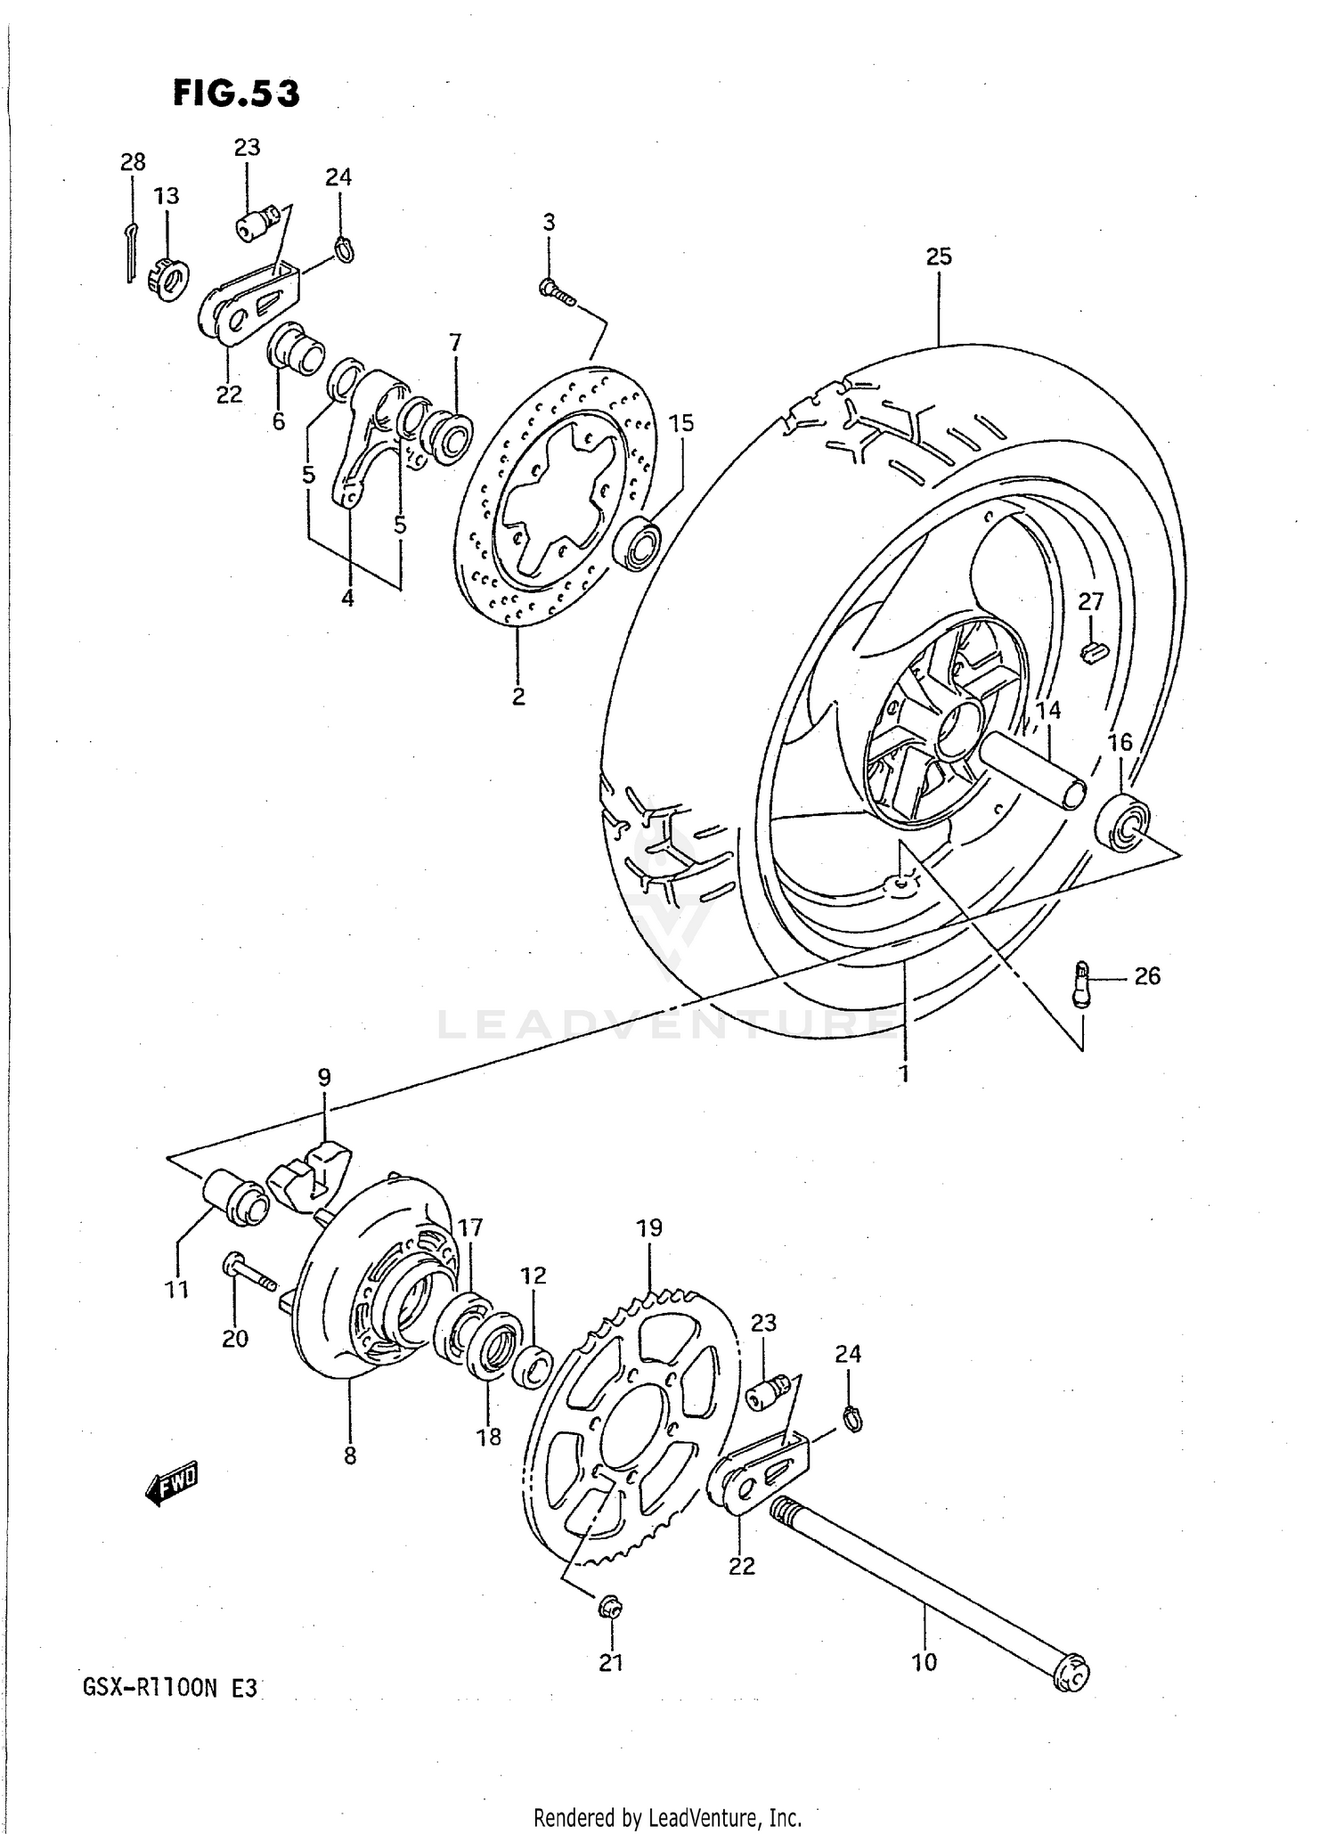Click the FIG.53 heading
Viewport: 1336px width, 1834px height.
[x=236, y=94]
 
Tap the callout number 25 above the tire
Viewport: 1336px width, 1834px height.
[x=939, y=257]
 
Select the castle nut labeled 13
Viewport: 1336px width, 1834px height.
[x=169, y=274]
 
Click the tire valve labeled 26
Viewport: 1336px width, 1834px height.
[x=1082, y=983]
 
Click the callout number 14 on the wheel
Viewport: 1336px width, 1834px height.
[x=1048, y=710]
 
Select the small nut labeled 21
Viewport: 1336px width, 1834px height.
[x=611, y=1608]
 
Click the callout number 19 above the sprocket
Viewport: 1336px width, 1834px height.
[x=649, y=1227]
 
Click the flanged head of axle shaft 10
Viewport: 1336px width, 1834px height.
[x=1071, y=1675]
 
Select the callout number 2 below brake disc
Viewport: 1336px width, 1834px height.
[x=518, y=696]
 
